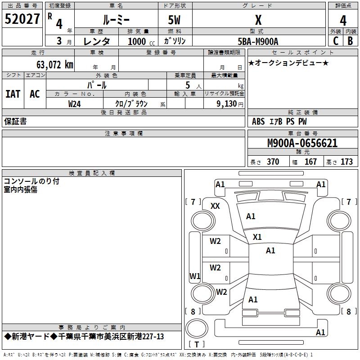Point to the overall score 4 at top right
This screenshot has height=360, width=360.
coord(343,21)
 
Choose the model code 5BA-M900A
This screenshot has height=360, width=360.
coord(258,41)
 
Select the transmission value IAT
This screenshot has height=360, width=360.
coord(13,94)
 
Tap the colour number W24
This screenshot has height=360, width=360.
coord(75,103)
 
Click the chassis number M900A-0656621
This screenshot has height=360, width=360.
coord(302,144)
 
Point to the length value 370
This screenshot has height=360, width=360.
coord(273,162)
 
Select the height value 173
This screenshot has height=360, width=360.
coord(346,162)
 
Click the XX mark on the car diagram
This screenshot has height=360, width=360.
coord(215,206)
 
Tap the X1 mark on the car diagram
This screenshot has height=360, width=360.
coord(257,237)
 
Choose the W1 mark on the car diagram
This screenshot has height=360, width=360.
coord(194,275)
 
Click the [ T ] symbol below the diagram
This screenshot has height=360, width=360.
coord(196,344)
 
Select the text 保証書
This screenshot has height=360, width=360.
coord(15,121)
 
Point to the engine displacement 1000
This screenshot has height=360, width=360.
coord(137,42)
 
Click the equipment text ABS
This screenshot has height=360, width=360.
coord(258,121)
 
